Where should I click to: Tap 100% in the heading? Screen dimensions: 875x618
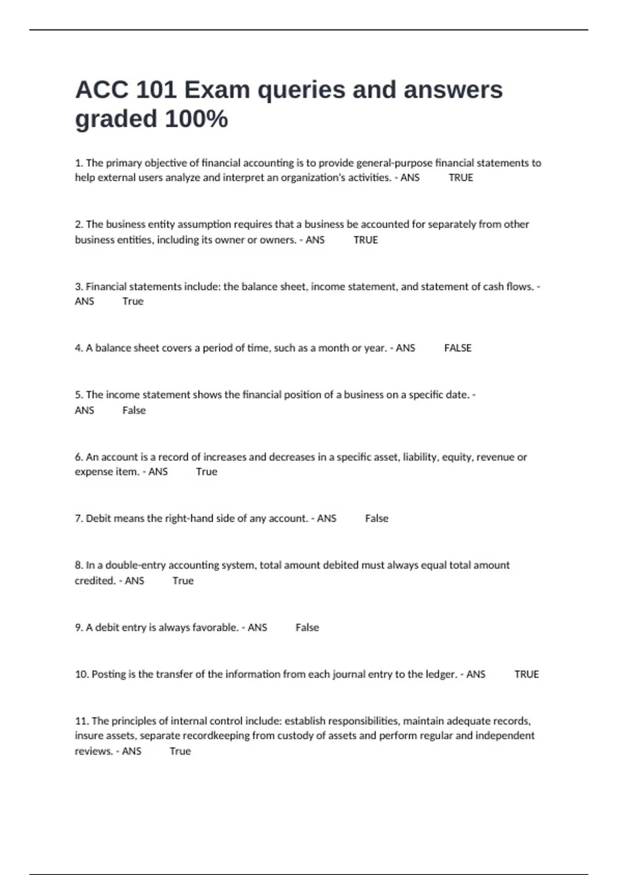196,119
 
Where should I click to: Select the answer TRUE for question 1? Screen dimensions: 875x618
460,178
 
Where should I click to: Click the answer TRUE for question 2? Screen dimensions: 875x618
366,240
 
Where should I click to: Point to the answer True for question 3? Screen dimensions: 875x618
133,302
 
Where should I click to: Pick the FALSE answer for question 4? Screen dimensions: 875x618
457,348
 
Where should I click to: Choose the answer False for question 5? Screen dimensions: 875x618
134,410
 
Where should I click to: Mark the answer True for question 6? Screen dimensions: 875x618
207,472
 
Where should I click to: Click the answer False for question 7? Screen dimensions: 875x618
376,518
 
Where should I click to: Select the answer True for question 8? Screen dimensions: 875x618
183,581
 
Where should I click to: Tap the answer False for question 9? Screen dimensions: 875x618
307,627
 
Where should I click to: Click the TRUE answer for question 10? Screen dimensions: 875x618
526,674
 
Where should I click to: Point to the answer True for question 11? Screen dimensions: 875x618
180,751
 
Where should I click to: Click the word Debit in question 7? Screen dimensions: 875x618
98,518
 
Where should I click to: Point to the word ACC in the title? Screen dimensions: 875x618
101,90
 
